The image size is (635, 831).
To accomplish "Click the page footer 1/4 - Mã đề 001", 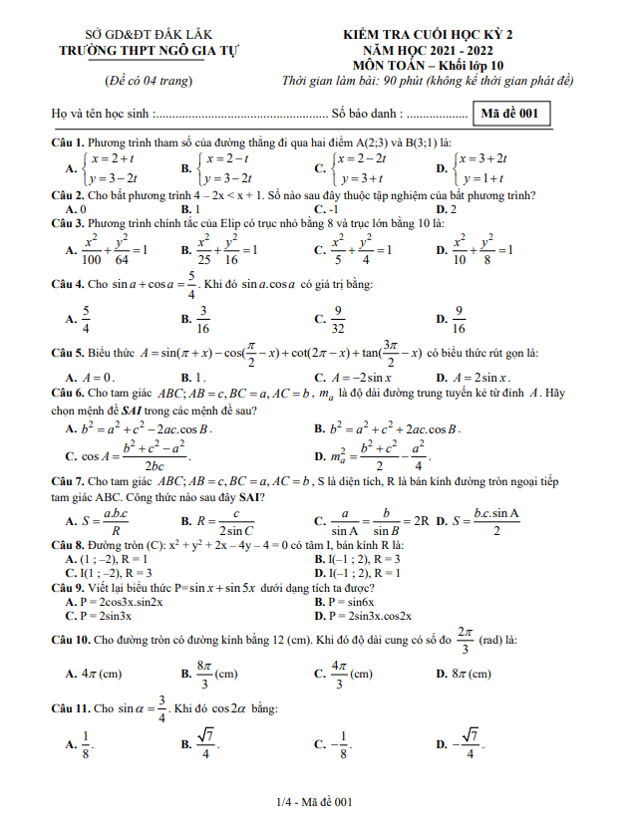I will point(316,801).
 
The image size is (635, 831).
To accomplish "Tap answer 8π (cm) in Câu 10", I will point(468,674).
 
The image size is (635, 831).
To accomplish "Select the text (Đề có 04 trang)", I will point(150,80).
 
